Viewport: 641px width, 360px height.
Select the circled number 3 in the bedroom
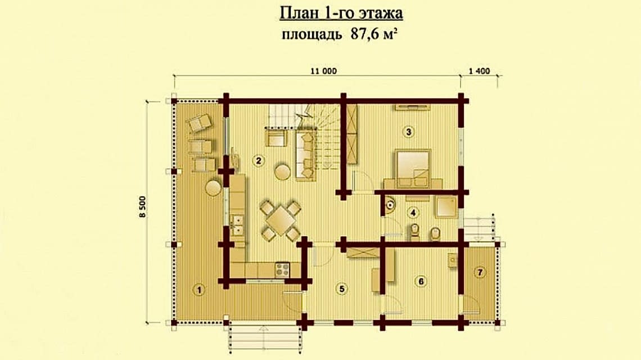tap(409, 132)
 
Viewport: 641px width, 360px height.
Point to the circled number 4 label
tap(414, 213)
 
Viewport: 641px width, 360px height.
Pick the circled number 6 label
tap(418, 281)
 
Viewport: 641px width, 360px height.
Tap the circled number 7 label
tap(480, 273)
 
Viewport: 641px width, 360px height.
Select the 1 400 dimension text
tap(480, 71)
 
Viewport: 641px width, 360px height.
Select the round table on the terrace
tap(213, 187)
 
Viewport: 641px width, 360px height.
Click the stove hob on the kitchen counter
tap(281, 269)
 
